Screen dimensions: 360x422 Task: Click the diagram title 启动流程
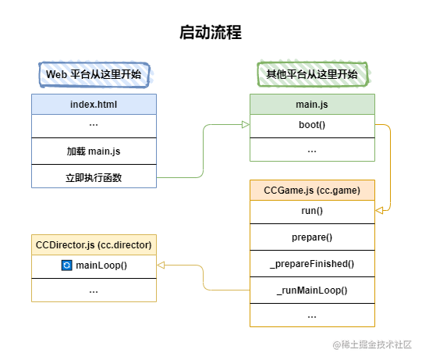coord(211,32)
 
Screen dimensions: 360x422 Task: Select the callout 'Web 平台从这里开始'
coord(94,74)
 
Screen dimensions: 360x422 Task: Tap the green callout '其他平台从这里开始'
coord(312,74)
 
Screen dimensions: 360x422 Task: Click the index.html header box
coord(94,104)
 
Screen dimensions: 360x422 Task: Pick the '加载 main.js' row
coord(94,151)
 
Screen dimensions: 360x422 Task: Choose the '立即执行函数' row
coord(94,177)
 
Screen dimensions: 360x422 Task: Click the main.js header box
coord(312,104)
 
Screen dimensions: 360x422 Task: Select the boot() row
coord(312,125)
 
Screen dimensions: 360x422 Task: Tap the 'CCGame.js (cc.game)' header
coord(312,190)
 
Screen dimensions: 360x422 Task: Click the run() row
coord(312,211)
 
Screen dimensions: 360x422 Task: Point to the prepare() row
coord(312,237)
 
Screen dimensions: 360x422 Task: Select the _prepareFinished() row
coord(312,264)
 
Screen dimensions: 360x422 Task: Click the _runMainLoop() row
coord(312,290)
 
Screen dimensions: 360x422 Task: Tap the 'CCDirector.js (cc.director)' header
coord(94,244)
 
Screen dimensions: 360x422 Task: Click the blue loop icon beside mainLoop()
coord(66,266)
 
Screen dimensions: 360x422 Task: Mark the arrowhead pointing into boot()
coord(245,125)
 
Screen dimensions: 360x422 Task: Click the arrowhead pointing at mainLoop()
coord(161,266)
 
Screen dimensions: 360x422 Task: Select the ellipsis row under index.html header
coord(94,125)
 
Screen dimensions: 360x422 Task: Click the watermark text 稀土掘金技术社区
coord(378,344)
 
